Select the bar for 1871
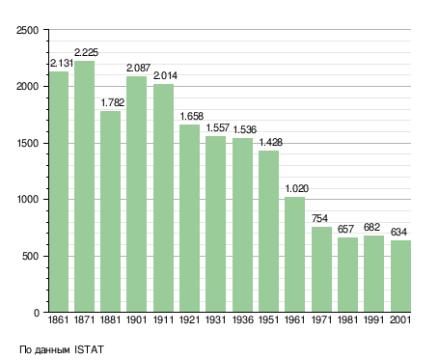point(85,186)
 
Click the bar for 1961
point(295,255)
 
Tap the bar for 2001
point(400,276)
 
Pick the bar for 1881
point(111,211)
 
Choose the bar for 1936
point(242,225)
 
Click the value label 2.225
point(86,52)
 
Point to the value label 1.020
point(297,188)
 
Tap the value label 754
point(319,218)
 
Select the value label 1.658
point(192,116)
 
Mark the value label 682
point(371,227)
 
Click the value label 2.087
point(138,68)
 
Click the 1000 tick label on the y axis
point(28,200)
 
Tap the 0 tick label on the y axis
point(37,313)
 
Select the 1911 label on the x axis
point(163,319)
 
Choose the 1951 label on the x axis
point(268,319)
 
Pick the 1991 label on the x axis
point(373,319)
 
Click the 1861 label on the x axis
point(58,319)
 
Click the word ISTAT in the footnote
point(89,349)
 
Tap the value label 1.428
point(271,142)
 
